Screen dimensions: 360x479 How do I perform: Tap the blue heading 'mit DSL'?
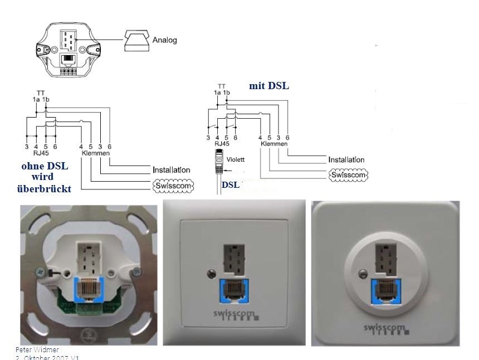pyautogui.click(x=270, y=86)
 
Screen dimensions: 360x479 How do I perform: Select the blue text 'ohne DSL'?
pyautogui.click(x=43, y=166)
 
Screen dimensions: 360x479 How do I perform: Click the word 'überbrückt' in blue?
pyautogui.click(x=44, y=189)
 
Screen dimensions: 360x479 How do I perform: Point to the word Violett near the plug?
pyautogui.click(x=236, y=159)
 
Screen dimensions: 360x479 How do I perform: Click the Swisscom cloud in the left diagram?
pyautogui.click(x=172, y=186)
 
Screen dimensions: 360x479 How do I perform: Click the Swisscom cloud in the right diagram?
pyautogui.click(x=349, y=175)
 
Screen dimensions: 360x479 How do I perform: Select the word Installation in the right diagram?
pyautogui.click(x=346, y=159)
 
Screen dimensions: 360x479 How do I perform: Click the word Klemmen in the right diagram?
pyautogui.click(x=273, y=143)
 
